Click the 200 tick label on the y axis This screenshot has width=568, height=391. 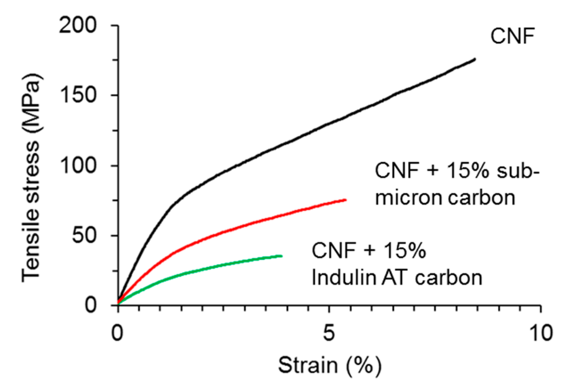pyautogui.click(x=78, y=25)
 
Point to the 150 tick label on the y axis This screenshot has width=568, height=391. pyautogui.click(x=78, y=95)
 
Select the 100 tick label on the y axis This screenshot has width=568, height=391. pyautogui.click(x=78, y=165)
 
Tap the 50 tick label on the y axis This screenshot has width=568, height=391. pyautogui.click(x=84, y=235)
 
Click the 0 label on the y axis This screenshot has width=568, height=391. pyautogui.click(x=91, y=305)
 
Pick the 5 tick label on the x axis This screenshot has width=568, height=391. pyautogui.click(x=329, y=333)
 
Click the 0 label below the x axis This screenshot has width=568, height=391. pyautogui.click(x=117, y=333)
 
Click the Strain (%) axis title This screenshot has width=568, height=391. pyautogui.click(x=330, y=365)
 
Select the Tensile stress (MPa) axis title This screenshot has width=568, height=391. pyautogui.click(x=32, y=178)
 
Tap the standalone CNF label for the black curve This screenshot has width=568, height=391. pyautogui.click(x=512, y=36)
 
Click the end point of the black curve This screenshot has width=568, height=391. pyautogui.click(x=475, y=59)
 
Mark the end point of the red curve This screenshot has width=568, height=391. pyautogui.click(x=345, y=200)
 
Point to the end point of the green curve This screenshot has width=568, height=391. pyautogui.click(x=281, y=256)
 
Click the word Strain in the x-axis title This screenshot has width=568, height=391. pyautogui.click(x=307, y=365)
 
